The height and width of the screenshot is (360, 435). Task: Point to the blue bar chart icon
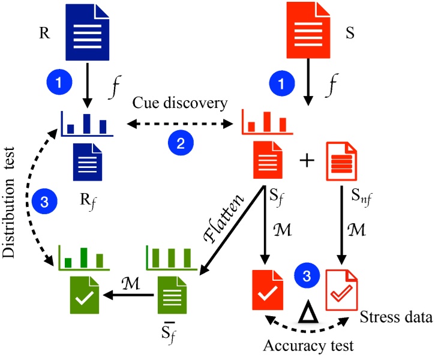coord(88,124)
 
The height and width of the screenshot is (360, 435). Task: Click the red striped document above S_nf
coord(340,162)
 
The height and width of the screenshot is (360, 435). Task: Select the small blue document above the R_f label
coord(88,162)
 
